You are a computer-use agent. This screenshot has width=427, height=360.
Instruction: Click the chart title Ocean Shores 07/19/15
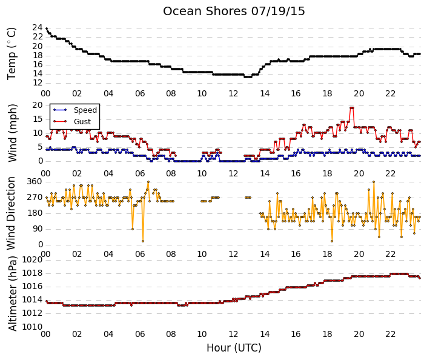click(234, 12)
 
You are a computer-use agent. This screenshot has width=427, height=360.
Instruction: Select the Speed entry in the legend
click(85, 110)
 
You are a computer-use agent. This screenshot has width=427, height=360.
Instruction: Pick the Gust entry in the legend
click(82, 122)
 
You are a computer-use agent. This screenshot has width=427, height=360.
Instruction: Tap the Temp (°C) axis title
click(12, 54)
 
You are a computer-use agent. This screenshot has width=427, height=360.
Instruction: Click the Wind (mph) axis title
click(12, 133)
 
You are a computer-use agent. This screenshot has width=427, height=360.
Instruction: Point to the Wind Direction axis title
click(11, 213)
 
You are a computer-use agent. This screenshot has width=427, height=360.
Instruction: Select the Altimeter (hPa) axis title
click(13, 294)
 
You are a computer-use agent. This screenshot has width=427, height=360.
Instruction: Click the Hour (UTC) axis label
click(234, 348)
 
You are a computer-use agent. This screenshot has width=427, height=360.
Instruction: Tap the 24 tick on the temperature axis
click(38, 27)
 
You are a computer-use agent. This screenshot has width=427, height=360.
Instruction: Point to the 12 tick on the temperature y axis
click(38, 82)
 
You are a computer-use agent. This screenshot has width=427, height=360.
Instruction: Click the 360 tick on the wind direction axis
click(35, 182)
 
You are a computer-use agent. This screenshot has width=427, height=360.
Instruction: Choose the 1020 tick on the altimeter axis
click(32, 260)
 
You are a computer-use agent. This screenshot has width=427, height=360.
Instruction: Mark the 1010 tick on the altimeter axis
click(32, 327)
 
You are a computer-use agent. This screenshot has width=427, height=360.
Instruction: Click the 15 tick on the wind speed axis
click(38, 119)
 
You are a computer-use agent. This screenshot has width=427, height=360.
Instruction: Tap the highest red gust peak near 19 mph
click(352, 108)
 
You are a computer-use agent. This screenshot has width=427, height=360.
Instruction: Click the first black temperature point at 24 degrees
click(47, 28)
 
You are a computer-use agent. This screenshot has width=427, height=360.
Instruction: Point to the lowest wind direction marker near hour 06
click(143, 241)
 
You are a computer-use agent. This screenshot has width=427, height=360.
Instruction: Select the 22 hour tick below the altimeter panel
click(390, 334)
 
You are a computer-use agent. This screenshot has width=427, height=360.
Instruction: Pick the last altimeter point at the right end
click(420, 278)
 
